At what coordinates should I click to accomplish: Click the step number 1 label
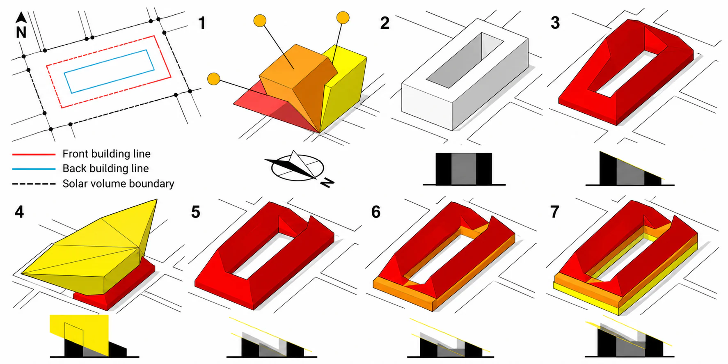coord(201,23)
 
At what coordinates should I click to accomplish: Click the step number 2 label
coord(385,23)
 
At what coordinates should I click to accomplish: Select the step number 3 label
coord(555,23)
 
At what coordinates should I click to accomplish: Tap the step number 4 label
coord(19,212)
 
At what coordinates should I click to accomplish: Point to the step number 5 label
coord(196,212)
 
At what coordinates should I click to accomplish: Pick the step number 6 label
coord(376,212)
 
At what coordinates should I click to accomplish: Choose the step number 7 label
coord(555,212)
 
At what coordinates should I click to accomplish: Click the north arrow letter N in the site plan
coord(21,32)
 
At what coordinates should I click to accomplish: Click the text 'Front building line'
coord(106,154)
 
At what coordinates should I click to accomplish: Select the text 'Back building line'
coord(105,169)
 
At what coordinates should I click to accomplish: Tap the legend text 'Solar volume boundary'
coord(118,183)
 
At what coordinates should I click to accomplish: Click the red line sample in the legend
coord(34,154)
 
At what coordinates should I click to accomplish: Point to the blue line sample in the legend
coord(34,169)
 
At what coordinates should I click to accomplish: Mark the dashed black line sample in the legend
coord(34,184)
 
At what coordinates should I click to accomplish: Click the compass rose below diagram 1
coord(298,168)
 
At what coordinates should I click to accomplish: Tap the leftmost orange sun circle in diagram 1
coord(214,79)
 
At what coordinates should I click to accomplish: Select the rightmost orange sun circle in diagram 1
coord(343,18)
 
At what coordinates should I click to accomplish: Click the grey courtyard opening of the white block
coord(465,61)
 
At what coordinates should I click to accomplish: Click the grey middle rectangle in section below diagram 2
coord(464,169)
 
